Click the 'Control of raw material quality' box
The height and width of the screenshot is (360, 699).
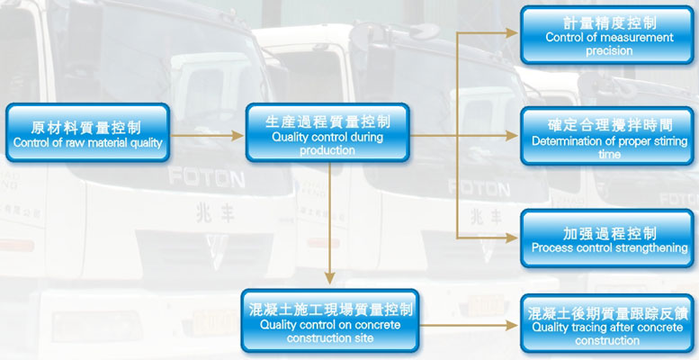coord(87,133)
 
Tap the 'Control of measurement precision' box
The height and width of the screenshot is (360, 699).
coord(609,35)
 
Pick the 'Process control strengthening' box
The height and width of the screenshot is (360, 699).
coord(609,238)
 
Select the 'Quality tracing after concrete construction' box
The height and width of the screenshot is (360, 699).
coord(609,323)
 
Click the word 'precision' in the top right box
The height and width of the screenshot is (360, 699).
coord(609,50)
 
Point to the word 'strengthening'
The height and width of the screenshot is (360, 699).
coord(648,247)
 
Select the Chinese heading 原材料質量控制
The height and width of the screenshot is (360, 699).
coord(87,127)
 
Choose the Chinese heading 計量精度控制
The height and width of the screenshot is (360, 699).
coord(609,21)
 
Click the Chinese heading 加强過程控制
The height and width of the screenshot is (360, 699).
coord(609,231)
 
